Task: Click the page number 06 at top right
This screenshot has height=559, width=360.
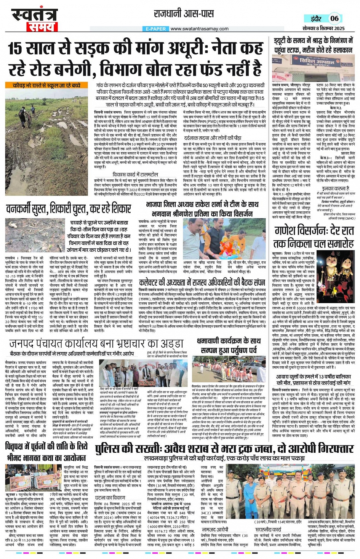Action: [x=334, y=18]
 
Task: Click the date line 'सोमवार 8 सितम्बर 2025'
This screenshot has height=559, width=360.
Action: [x=323, y=29]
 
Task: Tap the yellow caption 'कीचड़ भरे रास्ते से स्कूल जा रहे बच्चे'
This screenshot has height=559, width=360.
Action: [x=46, y=86]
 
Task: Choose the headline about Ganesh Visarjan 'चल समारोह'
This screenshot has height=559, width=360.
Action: [x=314, y=237]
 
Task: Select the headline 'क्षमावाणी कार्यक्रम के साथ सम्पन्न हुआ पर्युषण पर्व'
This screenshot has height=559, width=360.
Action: [x=229, y=345]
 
